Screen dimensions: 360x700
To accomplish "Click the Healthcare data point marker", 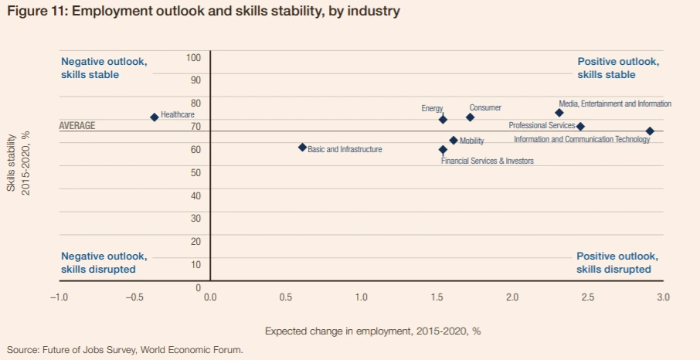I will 155,117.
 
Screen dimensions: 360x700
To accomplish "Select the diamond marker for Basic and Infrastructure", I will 302,148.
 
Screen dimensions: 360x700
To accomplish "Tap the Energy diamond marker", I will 443,119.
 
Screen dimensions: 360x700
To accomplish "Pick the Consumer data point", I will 470,117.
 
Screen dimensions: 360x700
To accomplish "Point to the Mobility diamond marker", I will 454,141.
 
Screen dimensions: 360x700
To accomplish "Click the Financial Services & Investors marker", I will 443,150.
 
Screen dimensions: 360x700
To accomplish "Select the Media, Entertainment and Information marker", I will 559,113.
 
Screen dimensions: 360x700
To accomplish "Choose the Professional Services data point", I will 580,127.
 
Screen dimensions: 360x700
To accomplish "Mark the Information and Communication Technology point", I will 650,131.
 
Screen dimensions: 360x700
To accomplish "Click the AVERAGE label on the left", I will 77,126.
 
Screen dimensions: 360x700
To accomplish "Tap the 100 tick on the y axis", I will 193,58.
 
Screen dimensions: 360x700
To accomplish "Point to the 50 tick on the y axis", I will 195,172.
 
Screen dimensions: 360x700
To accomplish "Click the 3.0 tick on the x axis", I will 662,297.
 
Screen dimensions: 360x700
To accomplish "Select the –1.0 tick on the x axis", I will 59,297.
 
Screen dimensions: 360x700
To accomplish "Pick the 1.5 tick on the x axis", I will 437,297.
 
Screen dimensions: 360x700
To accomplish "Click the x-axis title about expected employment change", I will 372,331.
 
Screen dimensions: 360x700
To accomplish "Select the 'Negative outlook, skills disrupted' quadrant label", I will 104,263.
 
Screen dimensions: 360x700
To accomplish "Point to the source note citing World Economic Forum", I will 125,350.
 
